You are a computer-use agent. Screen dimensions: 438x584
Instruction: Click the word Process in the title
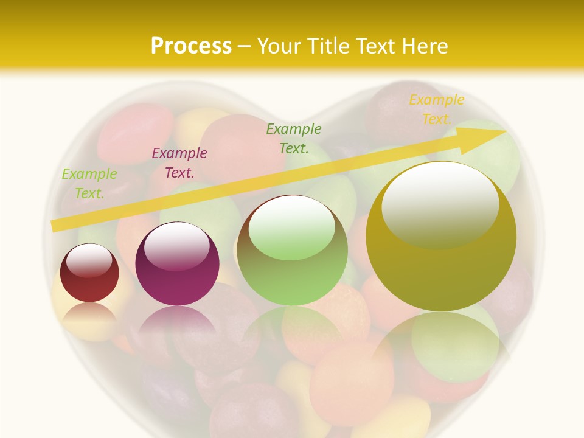coord(191,46)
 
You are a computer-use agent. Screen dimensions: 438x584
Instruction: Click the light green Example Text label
coord(89,184)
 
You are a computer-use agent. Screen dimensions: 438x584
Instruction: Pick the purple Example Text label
coord(179,163)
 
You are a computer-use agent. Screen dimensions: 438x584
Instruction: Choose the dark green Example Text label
coord(294,138)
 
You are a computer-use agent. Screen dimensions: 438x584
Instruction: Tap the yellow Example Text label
coord(436,109)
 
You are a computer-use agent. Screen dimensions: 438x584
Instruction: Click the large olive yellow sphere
coord(441,274)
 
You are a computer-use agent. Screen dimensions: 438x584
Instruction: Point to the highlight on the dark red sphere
coord(89,260)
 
